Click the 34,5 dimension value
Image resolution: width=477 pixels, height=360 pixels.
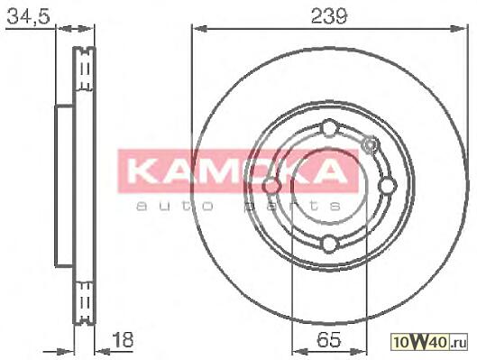click(28, 16)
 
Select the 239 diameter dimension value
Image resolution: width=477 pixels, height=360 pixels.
click(329, 16)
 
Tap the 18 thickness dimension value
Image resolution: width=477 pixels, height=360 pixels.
click(123, 339)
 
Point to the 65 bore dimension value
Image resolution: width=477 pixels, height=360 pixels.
click(329, 339)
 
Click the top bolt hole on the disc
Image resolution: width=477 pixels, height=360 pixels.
click(330, 128)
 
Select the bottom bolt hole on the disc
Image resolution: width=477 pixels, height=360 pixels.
click(330, 244)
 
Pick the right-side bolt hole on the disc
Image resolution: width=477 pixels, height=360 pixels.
click(388, 186)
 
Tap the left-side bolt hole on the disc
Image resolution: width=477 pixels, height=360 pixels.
click(271, 186)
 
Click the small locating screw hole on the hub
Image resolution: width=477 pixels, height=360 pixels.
click(370, 144)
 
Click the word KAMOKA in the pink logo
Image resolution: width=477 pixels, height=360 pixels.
click(237, 171)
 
